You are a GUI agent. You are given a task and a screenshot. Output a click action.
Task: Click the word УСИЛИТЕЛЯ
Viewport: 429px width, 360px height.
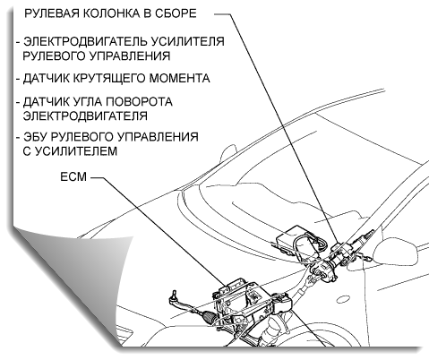[188, 41]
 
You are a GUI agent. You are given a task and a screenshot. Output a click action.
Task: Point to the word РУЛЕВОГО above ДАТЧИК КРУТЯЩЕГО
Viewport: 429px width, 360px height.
[55, 56]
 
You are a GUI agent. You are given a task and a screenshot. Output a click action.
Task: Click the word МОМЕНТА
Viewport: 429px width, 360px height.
[180, 79]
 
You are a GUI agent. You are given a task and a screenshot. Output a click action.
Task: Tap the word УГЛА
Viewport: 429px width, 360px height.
[86, 102]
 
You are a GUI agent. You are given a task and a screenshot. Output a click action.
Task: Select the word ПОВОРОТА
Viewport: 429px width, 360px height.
[137, 102]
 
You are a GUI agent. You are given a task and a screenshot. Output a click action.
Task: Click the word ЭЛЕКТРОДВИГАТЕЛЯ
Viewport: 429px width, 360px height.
[85, 116]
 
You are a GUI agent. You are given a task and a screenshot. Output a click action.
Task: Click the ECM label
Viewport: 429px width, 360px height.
[73, 176]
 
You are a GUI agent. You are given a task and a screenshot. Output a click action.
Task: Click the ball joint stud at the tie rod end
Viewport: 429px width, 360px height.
[174, 296]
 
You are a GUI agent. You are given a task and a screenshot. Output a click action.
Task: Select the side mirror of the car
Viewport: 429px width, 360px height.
[396, 251]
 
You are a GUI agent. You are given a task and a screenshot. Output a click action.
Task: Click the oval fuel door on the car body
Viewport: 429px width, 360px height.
[344, 299]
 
